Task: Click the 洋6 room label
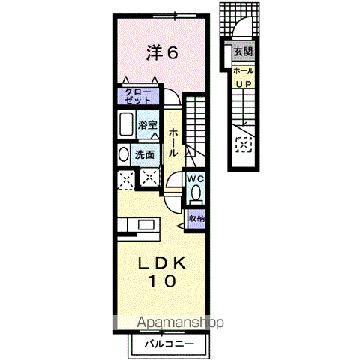click(x=161, y=52)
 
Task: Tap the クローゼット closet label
click(x=137, y=95)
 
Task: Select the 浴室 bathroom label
click(x=147, y=125)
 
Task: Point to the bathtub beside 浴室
click(x=124, y=124)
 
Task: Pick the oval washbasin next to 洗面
click(x=123, y=154)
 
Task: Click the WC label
click(x=195, y=178)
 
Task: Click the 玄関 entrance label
click(x=242, y=52)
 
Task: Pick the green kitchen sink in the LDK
click(x=145, y=223)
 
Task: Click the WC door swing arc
click(x=173, y=183)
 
